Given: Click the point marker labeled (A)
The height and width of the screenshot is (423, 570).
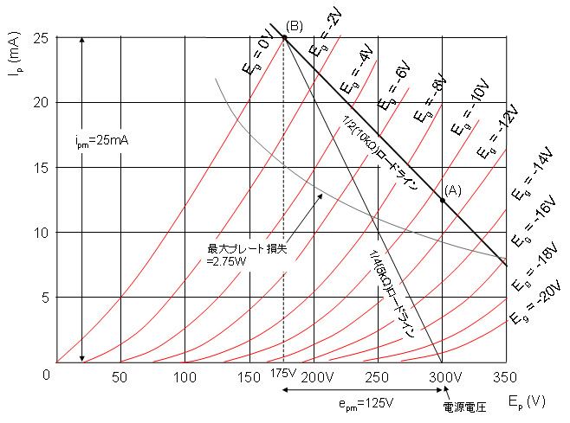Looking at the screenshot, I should click(x=443, y=200).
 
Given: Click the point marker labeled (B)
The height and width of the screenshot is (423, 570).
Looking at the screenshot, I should click(x=284, y=36).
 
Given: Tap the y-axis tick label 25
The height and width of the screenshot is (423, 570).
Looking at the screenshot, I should click(x=39, y=38).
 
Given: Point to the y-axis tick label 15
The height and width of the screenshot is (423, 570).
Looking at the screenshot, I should click(x=39, y=168).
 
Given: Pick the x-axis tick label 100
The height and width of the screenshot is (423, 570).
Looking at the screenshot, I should click(x=185, y=377).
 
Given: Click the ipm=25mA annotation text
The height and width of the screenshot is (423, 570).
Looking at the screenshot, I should click(x=102, y=138).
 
